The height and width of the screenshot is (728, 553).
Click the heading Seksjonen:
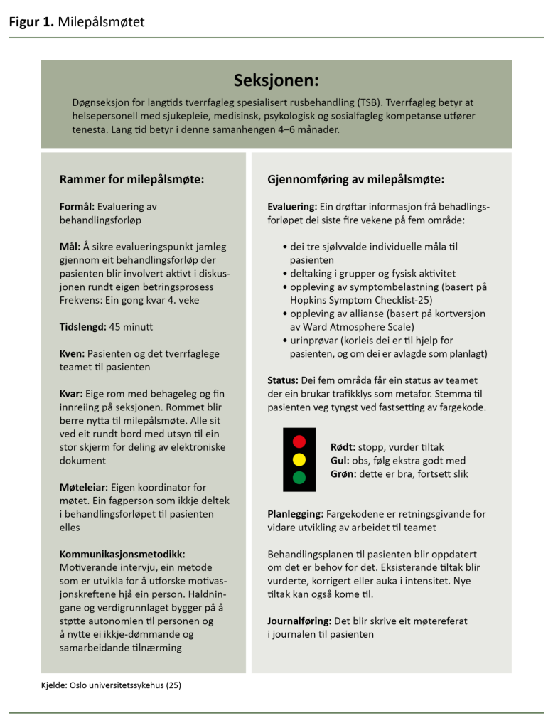pos(276,80)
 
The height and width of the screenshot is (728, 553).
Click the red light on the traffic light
pos(299,441)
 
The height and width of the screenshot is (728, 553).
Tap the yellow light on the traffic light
pos(299,459)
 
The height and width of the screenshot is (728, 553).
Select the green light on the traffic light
pos(299,478)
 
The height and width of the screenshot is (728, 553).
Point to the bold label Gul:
pos(340,461)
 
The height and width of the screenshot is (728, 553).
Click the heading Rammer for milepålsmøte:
pos(131,179)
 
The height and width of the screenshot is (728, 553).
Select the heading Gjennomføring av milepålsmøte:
pos(356,179)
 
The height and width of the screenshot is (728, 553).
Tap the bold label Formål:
pos(77,207)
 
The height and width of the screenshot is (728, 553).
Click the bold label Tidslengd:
pos(82,327)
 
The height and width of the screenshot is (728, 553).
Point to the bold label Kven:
pos(72,354)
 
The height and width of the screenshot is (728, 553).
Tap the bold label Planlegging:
pos(296,514)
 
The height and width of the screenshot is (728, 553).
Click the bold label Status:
pos(283,380)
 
